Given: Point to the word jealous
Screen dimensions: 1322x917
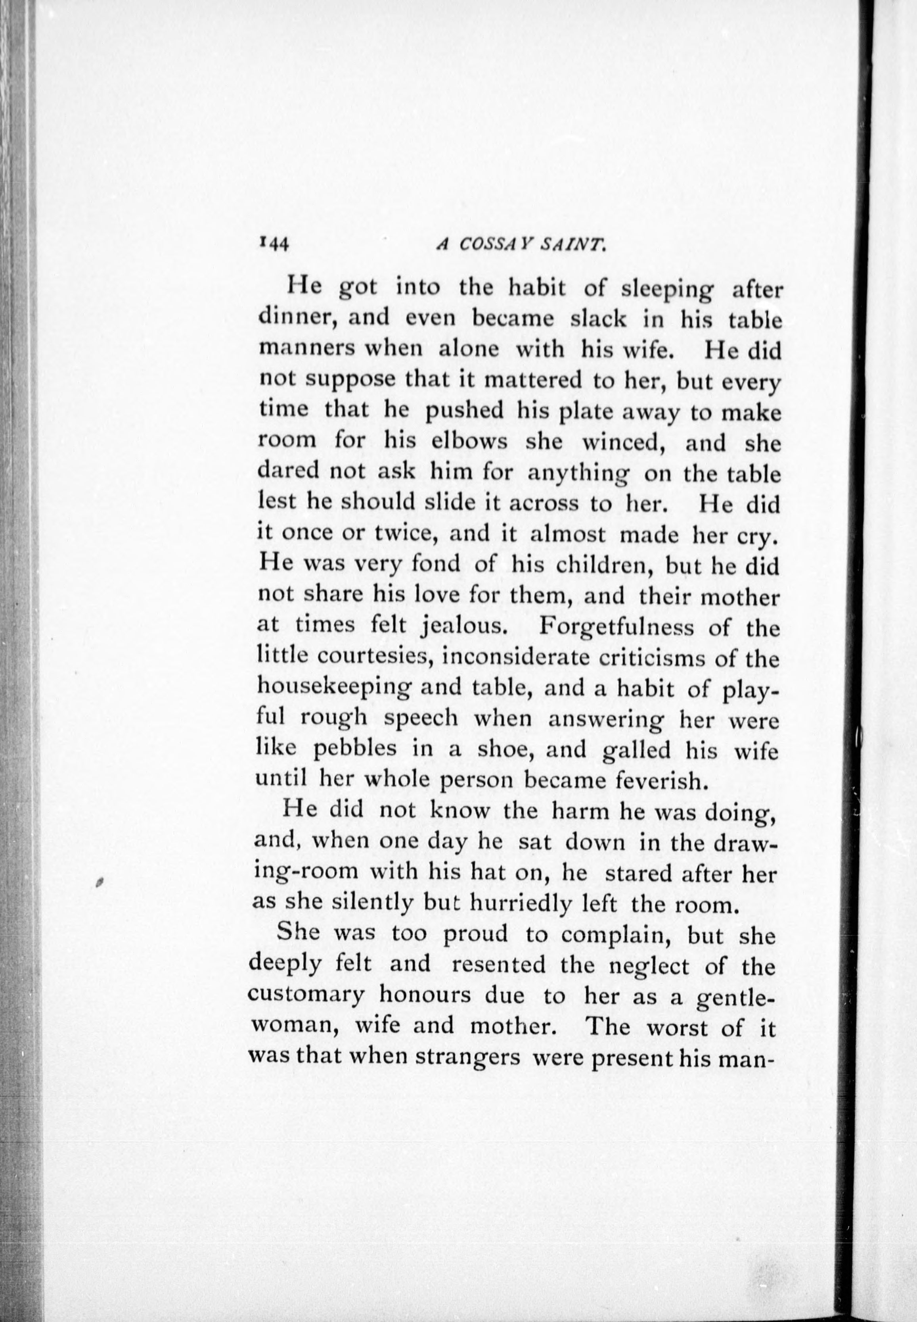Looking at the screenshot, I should (x=463, y=626).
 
